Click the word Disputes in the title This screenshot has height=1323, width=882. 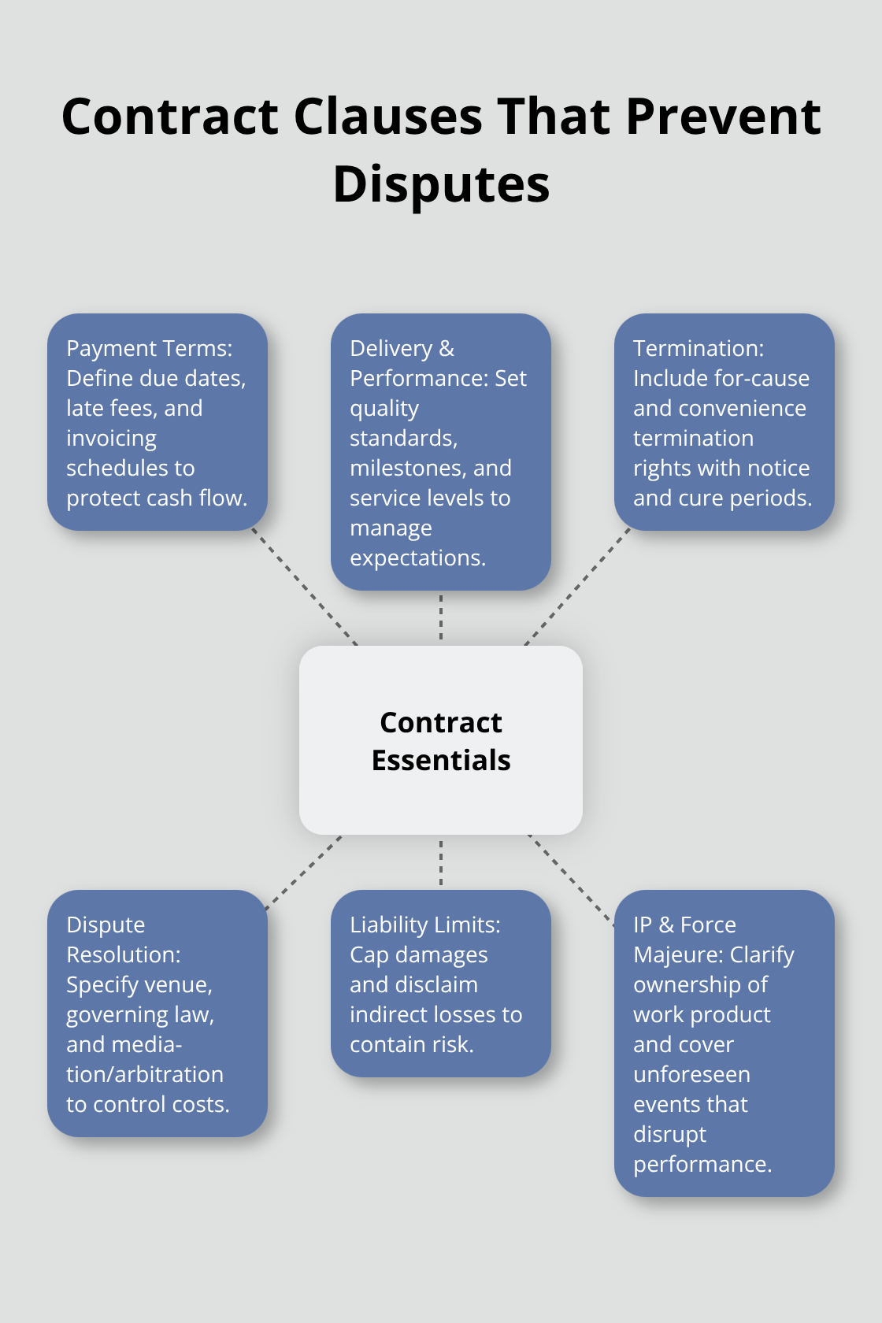(x=441, y=185)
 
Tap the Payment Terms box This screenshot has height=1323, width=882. (x=157, y=422)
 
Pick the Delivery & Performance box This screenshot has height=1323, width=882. (x=441, y=452)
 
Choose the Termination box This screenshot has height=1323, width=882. (x=724, y=422)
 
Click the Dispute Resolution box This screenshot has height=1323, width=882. (x=157, y=1014)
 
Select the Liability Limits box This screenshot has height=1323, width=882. (x=441, y=984)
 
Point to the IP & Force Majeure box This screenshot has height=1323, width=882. (x=724, y=1043)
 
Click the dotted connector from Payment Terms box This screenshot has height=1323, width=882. (x=305, y=587)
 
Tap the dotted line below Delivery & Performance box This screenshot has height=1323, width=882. (x=441, y=617)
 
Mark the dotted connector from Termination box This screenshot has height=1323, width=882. (x=577, y=587)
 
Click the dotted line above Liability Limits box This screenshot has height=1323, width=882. (x=441, y=862)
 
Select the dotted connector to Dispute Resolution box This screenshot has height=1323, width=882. (x=305, y=872)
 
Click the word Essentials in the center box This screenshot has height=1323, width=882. (x=441, y=761)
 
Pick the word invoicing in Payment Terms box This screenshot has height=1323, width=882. (x=111, y=438)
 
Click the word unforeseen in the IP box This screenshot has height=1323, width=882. (x=691, y=1074)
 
